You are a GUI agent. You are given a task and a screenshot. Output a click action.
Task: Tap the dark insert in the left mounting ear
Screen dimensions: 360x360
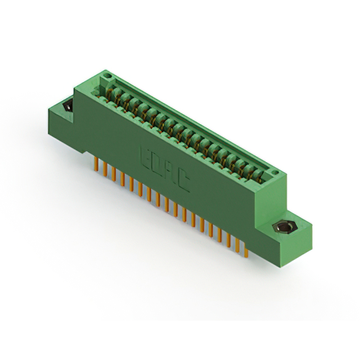[68, 105]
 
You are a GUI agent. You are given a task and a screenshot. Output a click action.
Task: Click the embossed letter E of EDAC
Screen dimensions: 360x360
[145, 155]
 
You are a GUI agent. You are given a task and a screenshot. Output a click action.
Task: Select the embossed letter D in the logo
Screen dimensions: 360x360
[157, 164]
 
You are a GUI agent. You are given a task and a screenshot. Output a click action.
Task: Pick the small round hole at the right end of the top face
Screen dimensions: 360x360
[274, 172]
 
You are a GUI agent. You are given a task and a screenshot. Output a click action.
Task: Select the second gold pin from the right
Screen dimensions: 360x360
[237, 242]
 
